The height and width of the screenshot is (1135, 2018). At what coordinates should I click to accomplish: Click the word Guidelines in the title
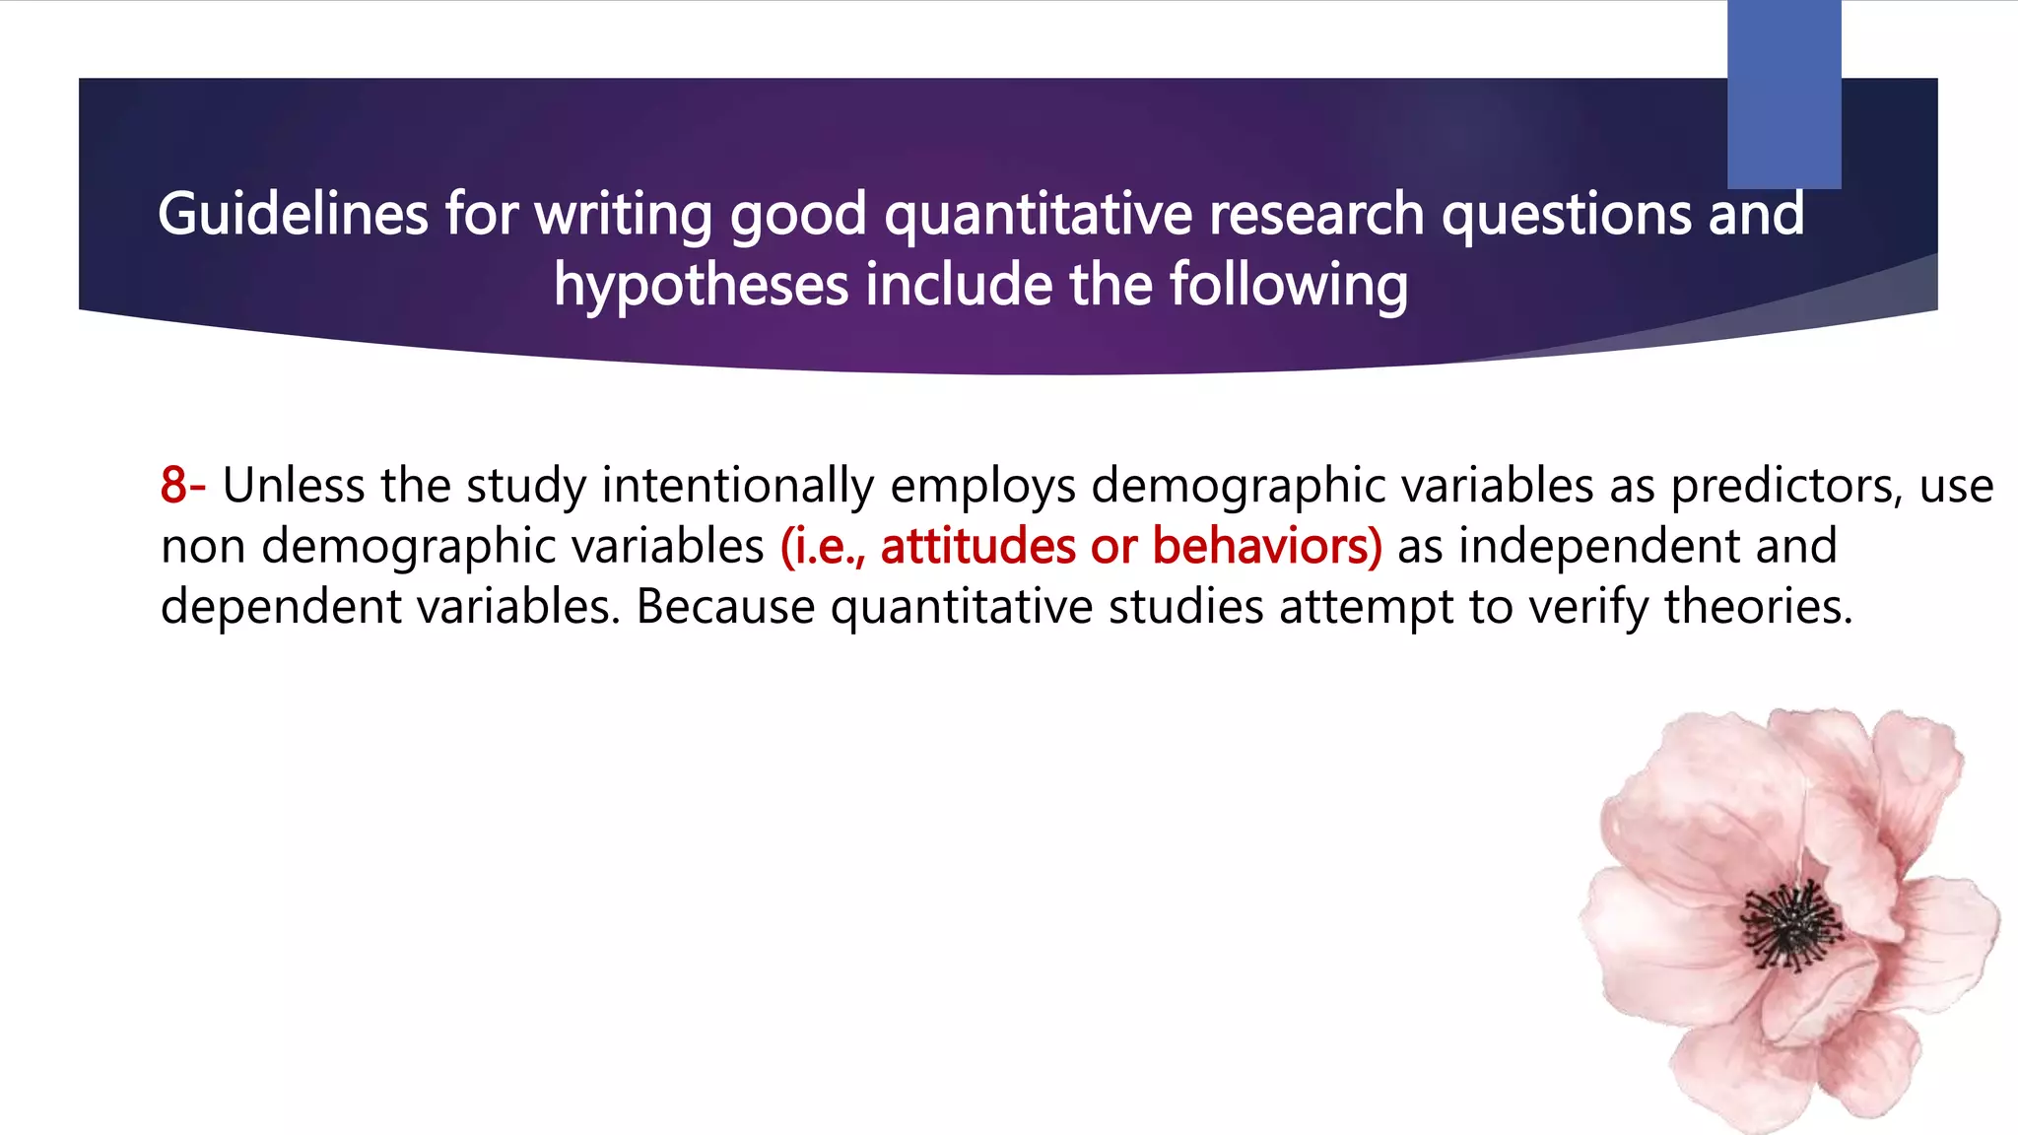[293, 214]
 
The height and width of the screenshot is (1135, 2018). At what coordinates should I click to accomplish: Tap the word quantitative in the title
[1038, 214]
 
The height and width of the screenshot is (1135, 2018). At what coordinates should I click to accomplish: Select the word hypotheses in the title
[700, 286]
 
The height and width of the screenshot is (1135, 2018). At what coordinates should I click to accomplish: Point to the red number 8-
[183, 485]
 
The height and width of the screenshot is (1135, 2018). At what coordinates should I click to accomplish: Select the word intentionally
[737, 485]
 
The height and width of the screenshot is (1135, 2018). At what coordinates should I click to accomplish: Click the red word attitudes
[977, 546]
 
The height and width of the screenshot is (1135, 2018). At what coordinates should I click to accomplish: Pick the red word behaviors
[1267, 546]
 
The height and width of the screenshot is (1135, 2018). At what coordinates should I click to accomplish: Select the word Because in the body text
[725, 606]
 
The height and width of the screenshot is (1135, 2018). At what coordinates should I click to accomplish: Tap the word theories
[1759, 606]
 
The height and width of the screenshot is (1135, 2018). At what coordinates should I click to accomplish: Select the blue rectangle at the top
[1783, 94]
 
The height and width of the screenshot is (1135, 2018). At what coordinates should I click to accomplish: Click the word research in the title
[1316, 214]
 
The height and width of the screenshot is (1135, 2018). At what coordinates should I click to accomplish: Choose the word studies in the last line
[1185, 606]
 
